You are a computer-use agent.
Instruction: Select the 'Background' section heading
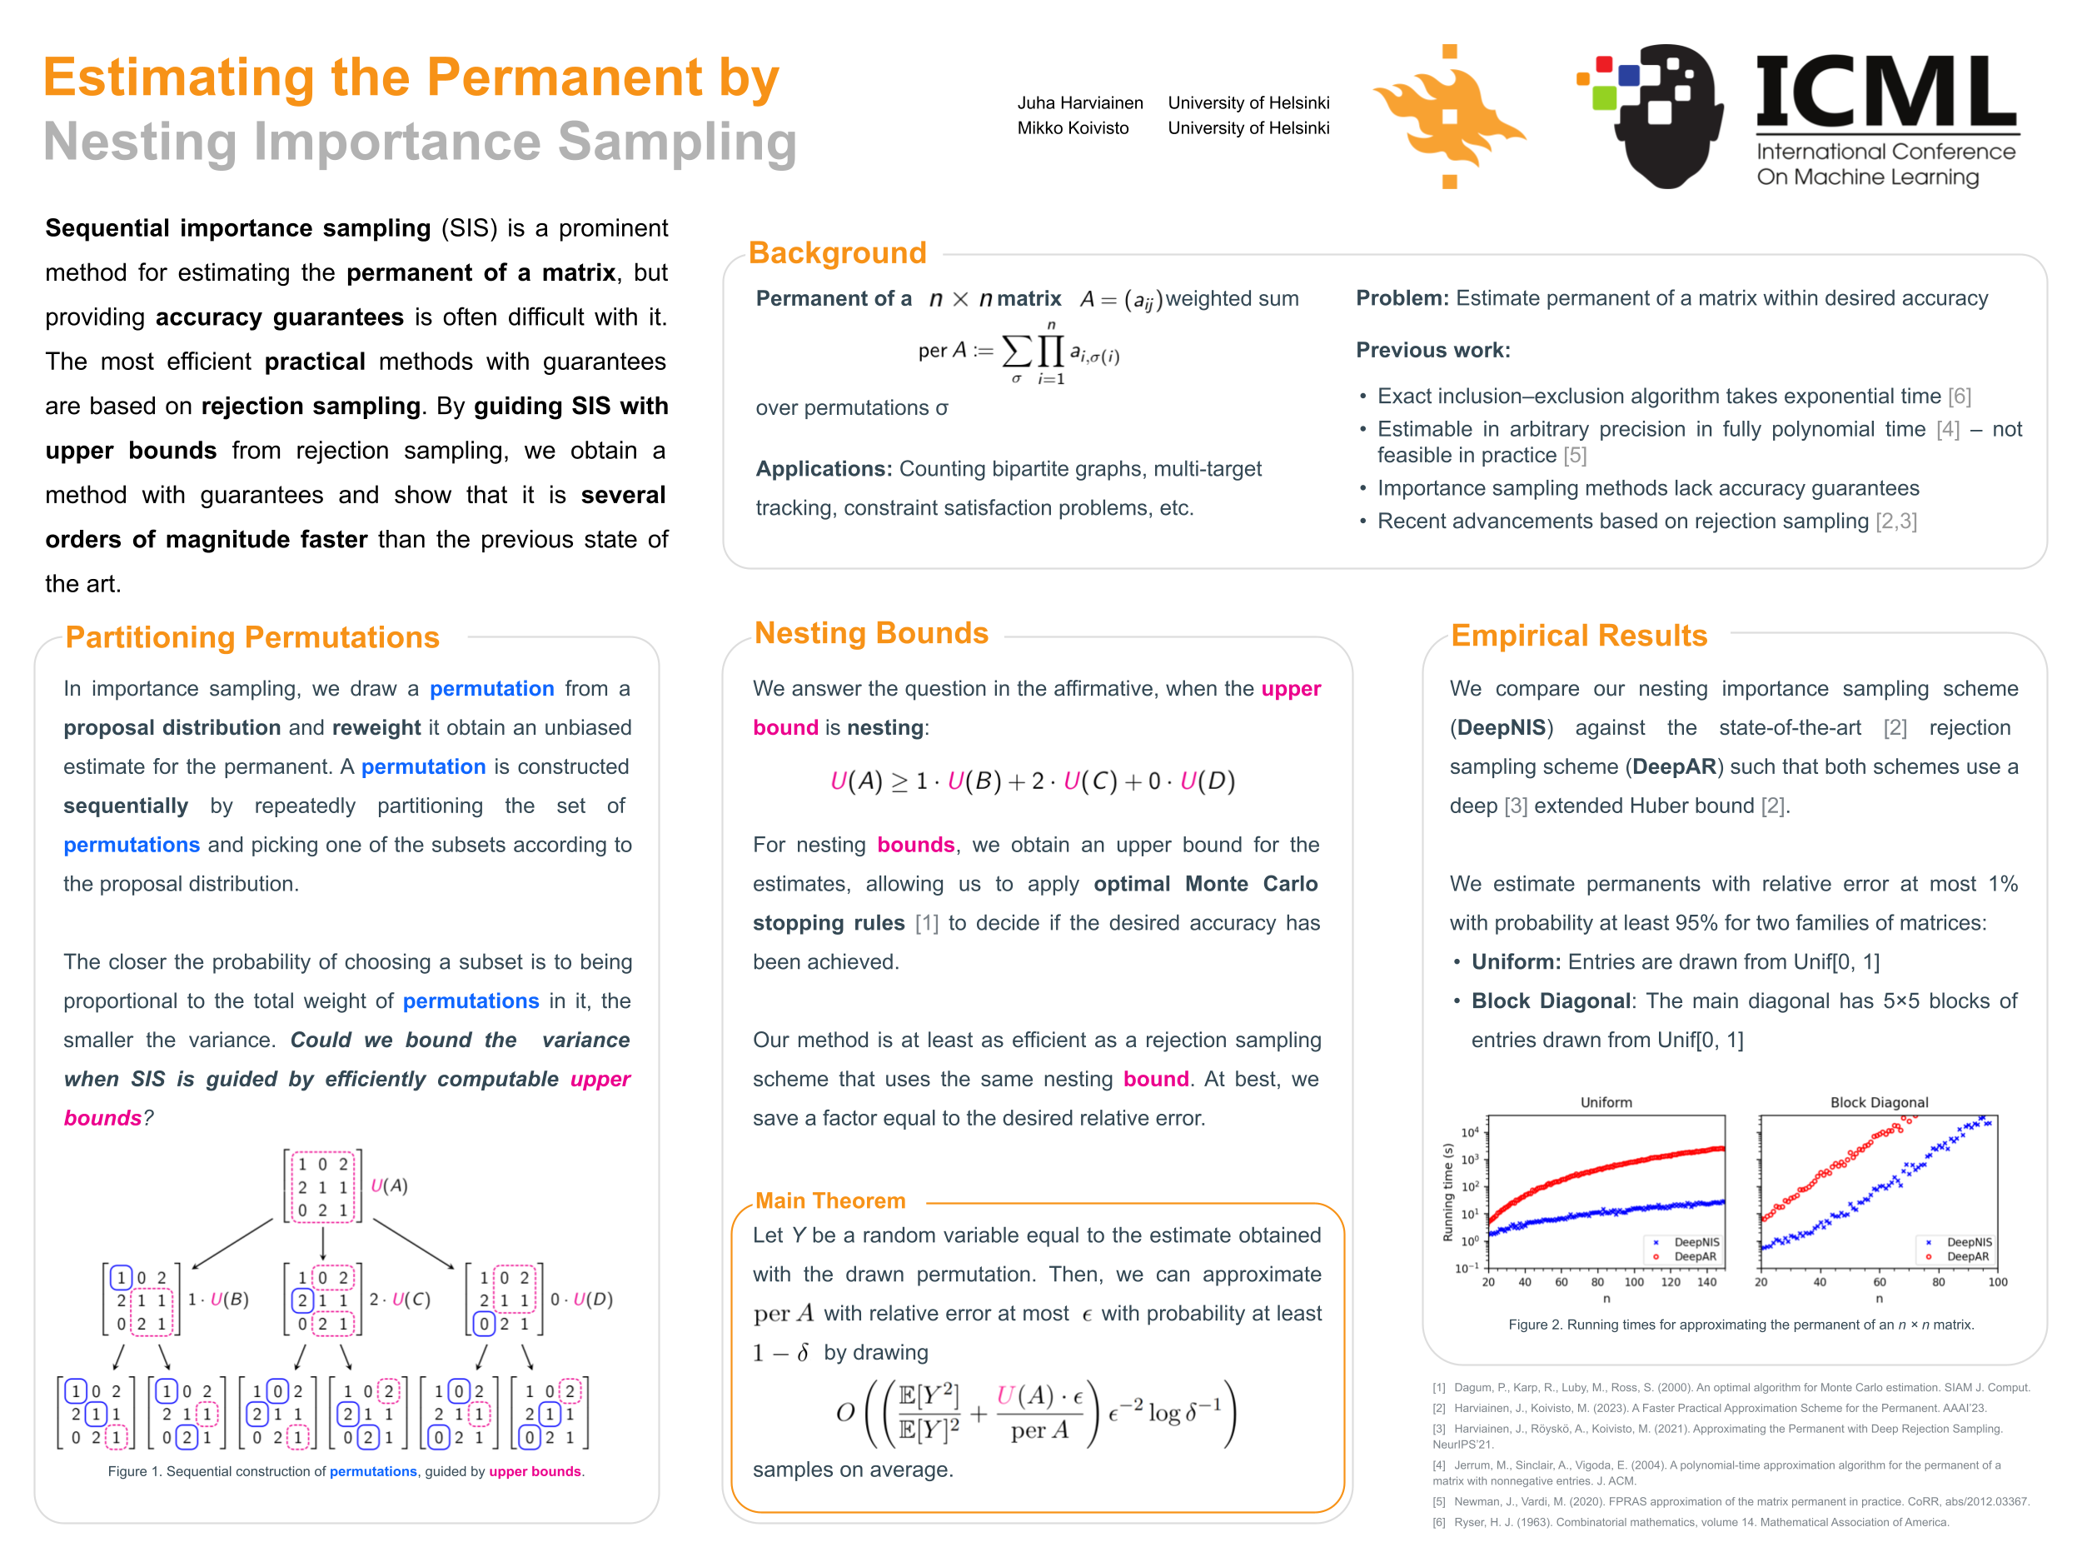coord(837,252)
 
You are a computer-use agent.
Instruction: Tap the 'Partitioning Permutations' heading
coord(252,637)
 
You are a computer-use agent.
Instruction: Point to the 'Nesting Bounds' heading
coord(870,632)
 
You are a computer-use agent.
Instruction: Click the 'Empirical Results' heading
coord(1578,636)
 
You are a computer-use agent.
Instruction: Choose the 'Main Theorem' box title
coord(830,1200)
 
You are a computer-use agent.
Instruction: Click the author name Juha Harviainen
coord(1079,102)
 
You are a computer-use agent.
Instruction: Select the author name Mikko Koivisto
coord(1072,128)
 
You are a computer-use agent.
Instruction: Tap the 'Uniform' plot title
coord(1606,1101)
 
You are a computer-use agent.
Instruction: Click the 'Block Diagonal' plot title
coord(1878,1101)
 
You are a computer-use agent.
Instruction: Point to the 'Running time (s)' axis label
coord(1447,1192)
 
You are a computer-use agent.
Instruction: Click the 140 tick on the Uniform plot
coord(1706,1281)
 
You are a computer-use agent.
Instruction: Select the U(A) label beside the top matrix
coord(389,1185)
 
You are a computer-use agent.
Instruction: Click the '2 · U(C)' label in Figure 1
coord(399,1300)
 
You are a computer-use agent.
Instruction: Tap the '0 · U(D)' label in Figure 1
coord(580,1300)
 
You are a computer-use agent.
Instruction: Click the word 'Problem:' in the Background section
coord(1402,298)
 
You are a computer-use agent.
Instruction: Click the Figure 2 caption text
coord(1741,1325)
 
